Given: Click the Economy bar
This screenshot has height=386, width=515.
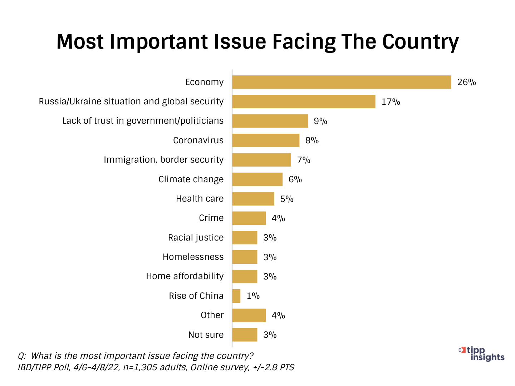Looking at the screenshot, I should click(x=342, y=82).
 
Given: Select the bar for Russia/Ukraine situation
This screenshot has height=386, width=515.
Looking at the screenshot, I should click(x=304, y=102).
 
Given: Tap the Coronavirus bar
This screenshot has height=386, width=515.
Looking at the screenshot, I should click(x=266, y=140).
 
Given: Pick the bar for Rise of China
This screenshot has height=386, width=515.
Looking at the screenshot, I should click(x=236, y=296).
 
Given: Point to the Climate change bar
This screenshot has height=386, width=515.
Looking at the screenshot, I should click(x=257, y=179).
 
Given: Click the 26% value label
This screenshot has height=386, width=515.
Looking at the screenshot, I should click(x=466, y=82).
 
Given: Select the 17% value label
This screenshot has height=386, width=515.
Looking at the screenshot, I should click(x=391, y=102).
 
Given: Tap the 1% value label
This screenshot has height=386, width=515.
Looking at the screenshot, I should click(x=253, y=296).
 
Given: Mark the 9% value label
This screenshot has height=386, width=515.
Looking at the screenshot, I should click(x=320, y=121).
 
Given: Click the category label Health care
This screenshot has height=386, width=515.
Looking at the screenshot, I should click(x=200, y=199).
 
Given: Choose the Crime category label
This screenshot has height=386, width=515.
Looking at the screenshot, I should click(x=211, y=218).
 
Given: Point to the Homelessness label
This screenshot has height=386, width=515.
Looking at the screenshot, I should click(x=193, y=257).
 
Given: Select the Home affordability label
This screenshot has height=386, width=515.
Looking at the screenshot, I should click(x=185, y=276).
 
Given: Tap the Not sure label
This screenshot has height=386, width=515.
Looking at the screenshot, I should click(x=206, y=335).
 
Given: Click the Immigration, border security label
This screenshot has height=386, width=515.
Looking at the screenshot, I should click(x=163, y=160).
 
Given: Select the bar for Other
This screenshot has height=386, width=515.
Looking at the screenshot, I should click(x=249, y=316).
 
